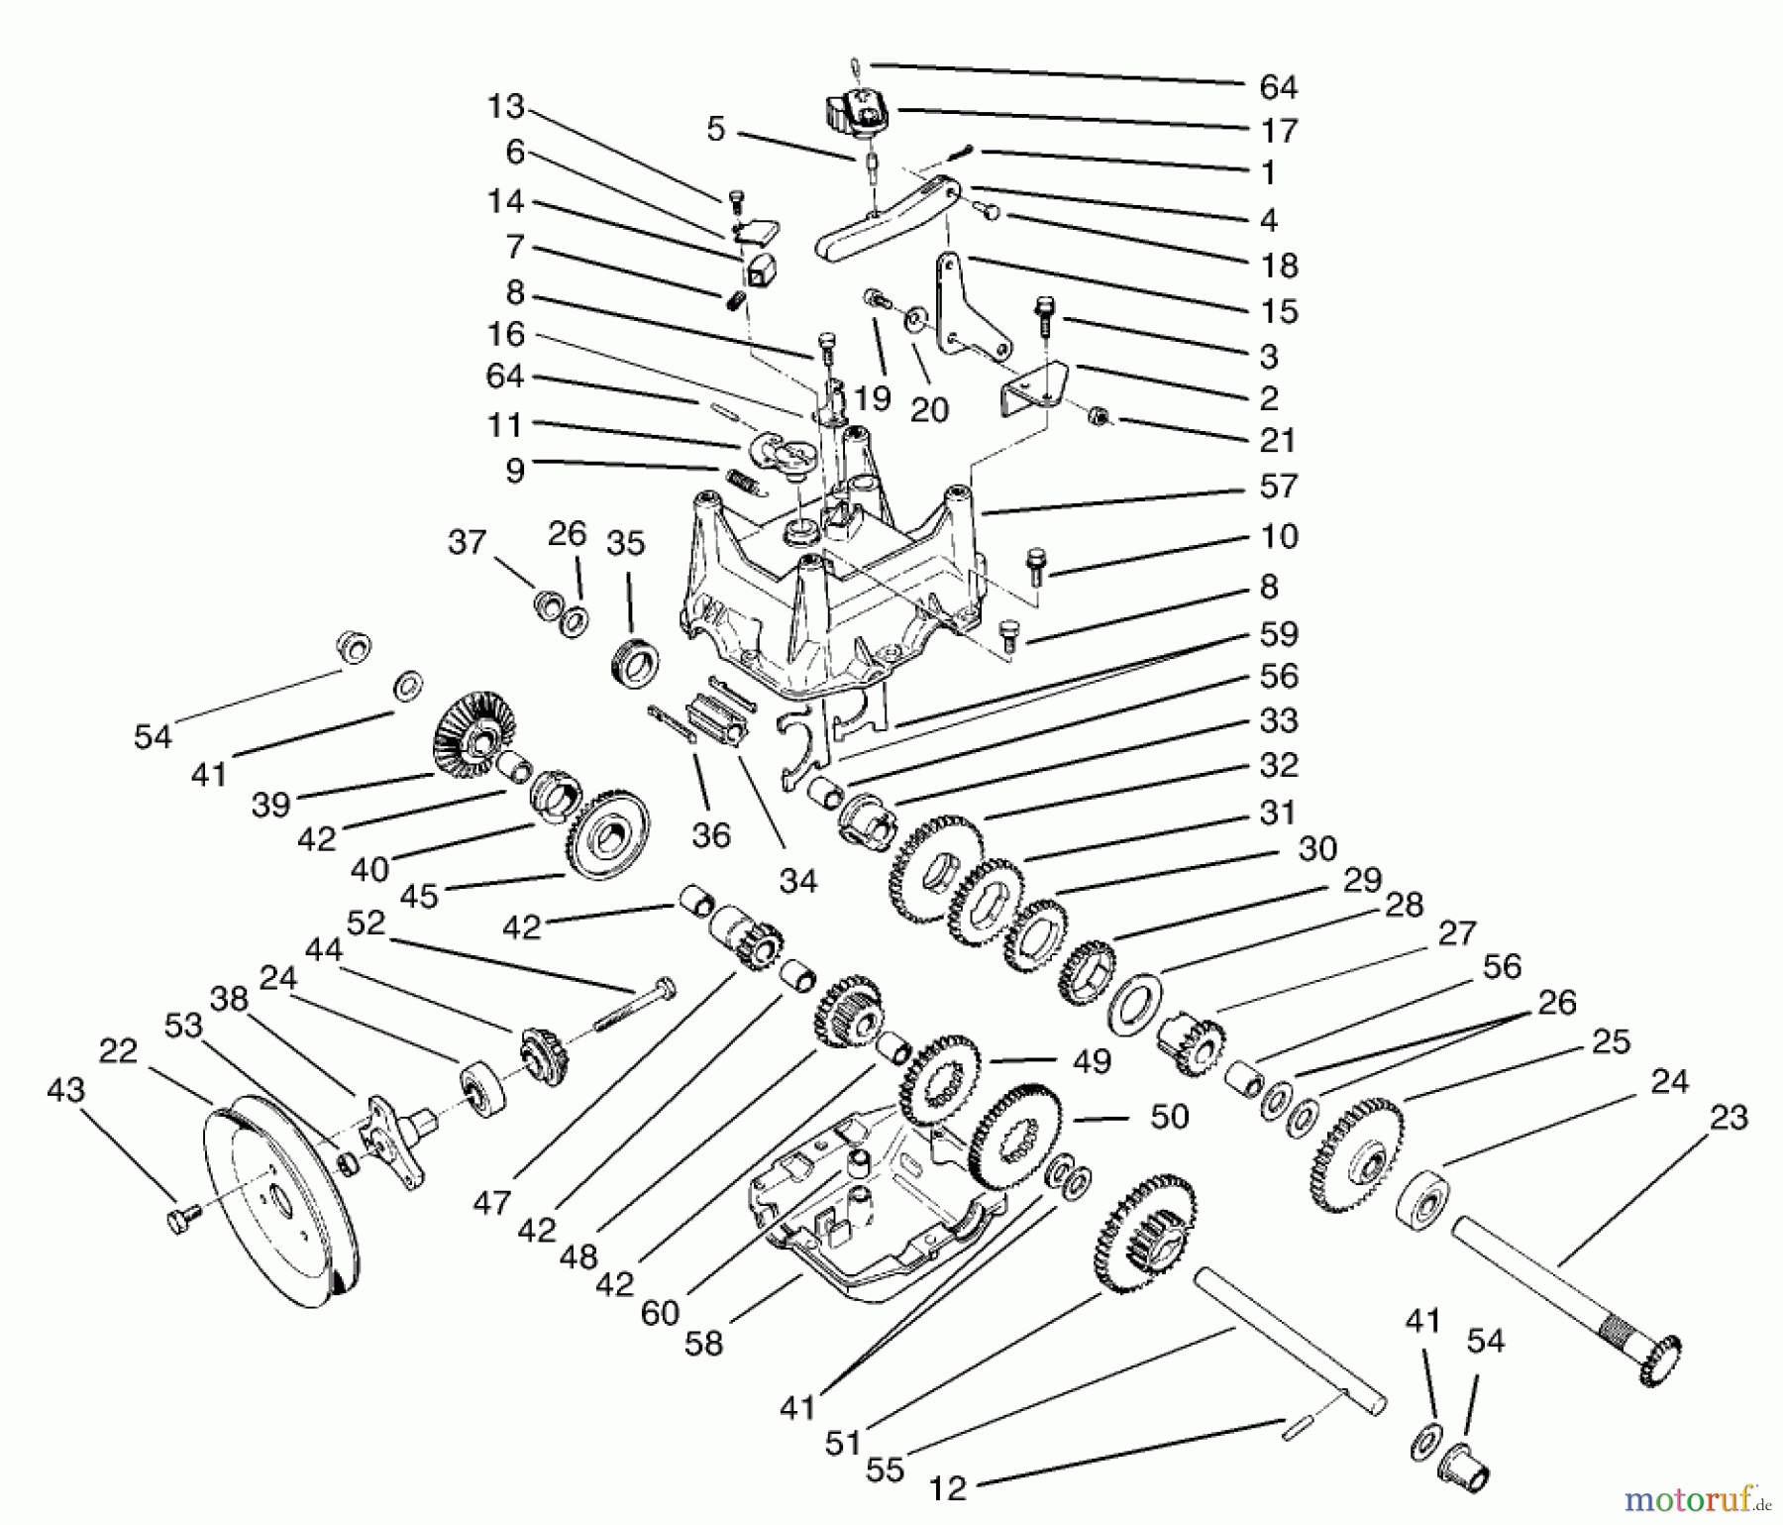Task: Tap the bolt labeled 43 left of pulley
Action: pyautogui.click(x=178, y=1217)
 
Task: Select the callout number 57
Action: pyautogui.click(x=1278, y=487)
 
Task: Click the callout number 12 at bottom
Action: pyautogui.click(x=948, y=1488)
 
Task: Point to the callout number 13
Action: pyautogui.click(x=505, y=107)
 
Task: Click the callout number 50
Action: pyautogui.click(x=1169, y=1117)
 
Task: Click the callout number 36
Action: pyautogui.click(x=710, y=835)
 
